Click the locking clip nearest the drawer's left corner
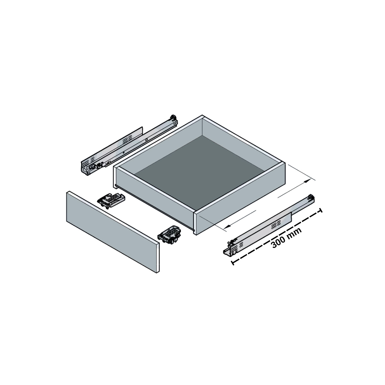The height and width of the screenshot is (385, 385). click(111, 201)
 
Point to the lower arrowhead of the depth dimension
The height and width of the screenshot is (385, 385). click(227, 227)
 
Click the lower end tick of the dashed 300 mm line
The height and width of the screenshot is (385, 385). click(232, 263)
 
